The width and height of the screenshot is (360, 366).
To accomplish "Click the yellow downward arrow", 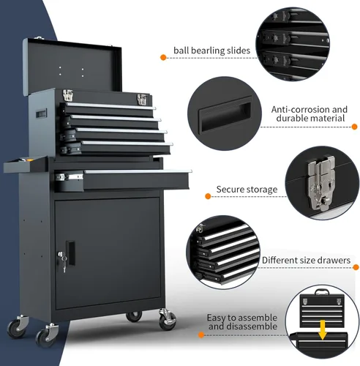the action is click(323, 330).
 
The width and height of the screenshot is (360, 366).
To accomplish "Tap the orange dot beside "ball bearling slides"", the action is click(163, 58).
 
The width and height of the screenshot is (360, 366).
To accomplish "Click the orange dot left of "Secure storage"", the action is click(208, 196).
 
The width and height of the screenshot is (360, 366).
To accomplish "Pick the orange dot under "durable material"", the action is click(355, 127).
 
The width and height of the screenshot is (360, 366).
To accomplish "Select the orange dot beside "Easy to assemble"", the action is click(201, 335).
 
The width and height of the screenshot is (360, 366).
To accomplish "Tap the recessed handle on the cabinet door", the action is click(70, 253).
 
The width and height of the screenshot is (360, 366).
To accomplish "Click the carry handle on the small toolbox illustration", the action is click(322, 291).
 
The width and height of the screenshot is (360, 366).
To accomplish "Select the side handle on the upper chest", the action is click(41, 113).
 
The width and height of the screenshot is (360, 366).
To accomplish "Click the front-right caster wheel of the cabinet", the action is click(167, 320).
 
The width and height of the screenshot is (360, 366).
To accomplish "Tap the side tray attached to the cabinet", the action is click(26, 165).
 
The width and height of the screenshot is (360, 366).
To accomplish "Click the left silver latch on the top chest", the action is click(68, 95).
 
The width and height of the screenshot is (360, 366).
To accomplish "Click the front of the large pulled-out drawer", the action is click(136, 180).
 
